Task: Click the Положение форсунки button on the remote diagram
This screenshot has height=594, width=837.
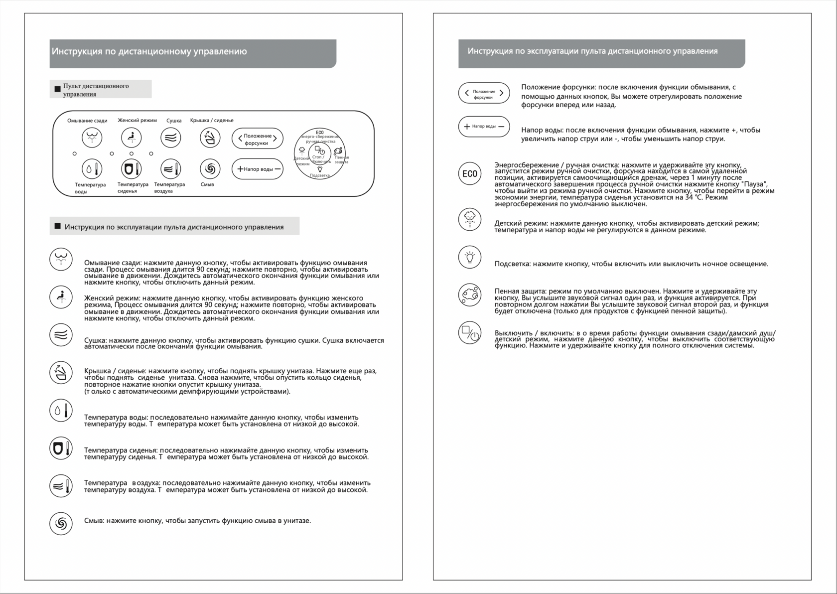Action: click(257, 139)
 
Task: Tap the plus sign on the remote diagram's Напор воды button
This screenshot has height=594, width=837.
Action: click(240, 169)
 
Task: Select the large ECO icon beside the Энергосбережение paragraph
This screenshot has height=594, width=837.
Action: click(469, 174)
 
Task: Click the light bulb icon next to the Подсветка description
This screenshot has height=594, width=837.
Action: click(469, 257)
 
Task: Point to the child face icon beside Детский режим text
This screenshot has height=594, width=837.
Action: click(469, 219)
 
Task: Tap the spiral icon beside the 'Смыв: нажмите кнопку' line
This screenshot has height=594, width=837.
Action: click(61, 523)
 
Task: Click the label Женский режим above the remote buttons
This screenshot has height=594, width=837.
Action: click(137, 120)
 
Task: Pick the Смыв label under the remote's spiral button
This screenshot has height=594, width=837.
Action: click(207, 184)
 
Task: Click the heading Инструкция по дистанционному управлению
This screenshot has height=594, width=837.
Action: click(149, 51)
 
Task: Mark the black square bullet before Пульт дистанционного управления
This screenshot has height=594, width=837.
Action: click(57, 89)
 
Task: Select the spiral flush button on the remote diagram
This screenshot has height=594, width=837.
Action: click(210, 169)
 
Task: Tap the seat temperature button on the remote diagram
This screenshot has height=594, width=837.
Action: click(131, 169)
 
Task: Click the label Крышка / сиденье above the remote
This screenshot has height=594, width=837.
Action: click(212, 120)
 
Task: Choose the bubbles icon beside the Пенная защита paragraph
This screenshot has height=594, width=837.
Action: click(469, 295)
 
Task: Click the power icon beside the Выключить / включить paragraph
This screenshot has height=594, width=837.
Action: click(469, 333)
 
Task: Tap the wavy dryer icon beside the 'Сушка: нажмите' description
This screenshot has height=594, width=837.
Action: click(61, 335)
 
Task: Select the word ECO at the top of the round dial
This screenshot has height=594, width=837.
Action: click(319, 133)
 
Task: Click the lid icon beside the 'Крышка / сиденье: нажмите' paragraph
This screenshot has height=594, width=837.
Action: click(61, 373)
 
